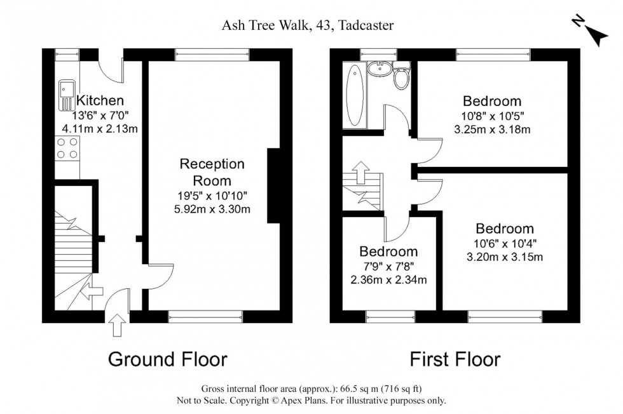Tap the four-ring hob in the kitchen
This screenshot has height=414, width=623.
[x=68, y=149]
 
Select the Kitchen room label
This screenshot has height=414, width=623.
[x=100, y=100]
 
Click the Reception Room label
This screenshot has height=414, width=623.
[x=212, y=172]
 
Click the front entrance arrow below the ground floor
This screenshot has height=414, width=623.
[x=116, y=325]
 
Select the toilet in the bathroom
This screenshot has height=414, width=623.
[x=400, y=77]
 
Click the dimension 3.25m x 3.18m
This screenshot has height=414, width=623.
[x=492, y=130]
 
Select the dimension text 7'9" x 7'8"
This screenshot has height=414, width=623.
[x=388, y=266]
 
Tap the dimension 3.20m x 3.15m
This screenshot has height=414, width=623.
[x=504, y=257]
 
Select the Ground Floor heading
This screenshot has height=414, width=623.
[x=168, y=359]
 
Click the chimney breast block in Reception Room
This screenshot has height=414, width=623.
[x=274, y=186]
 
